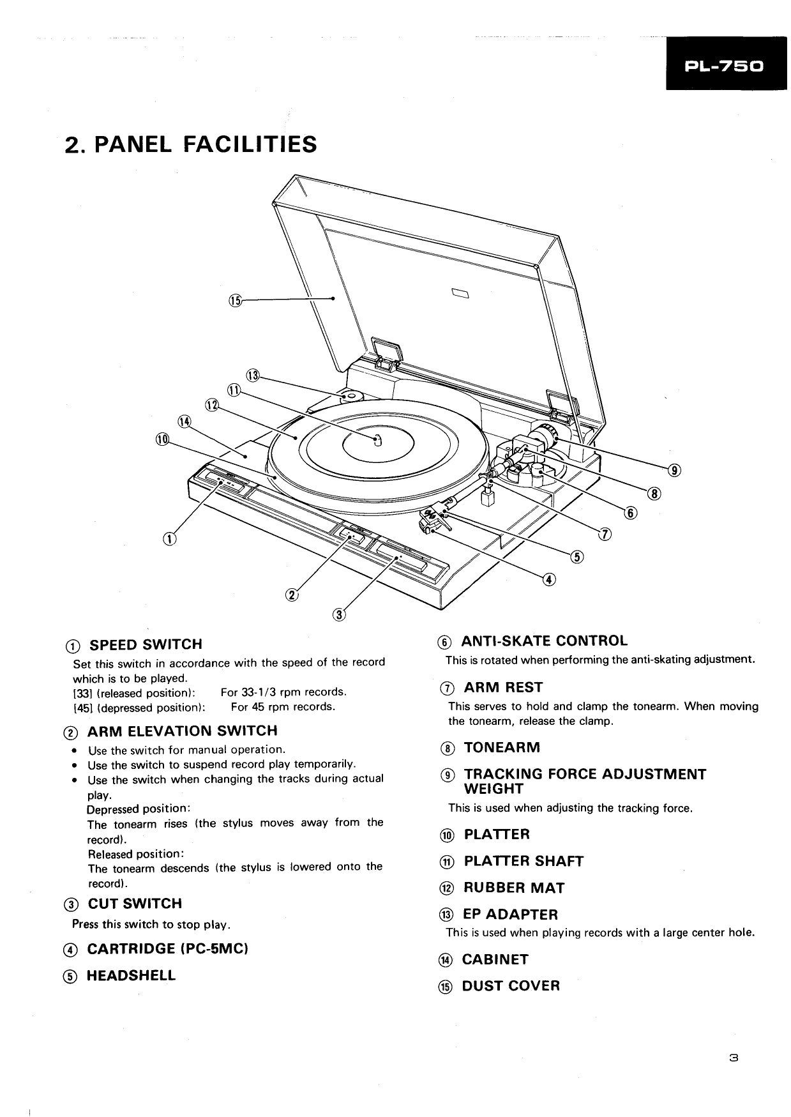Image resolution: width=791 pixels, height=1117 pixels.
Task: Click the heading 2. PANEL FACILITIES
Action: tap(191, 144)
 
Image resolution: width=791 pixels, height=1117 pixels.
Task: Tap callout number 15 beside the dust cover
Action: tap(235, 301)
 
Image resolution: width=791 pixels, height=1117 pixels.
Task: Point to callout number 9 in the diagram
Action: tap(675, 471)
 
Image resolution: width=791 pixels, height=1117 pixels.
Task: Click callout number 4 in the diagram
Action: tap(549, 579)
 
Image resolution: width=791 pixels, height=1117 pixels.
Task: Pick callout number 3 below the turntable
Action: tap(339, 614)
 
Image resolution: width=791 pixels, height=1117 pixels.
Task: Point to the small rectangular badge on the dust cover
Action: tap(460, 293)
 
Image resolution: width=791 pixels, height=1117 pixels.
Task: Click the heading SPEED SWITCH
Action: tap(145, 644)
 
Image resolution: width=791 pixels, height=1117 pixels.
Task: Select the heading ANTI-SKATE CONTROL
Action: tap(544, 641)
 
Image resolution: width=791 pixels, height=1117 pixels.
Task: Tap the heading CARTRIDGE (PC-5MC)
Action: tap(167, 948)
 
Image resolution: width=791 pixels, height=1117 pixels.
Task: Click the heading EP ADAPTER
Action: tap(510, 914)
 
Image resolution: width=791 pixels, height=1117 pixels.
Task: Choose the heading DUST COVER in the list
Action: tap(511, 985)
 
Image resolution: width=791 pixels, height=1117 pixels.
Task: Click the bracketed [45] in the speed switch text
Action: tap(82, 707)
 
